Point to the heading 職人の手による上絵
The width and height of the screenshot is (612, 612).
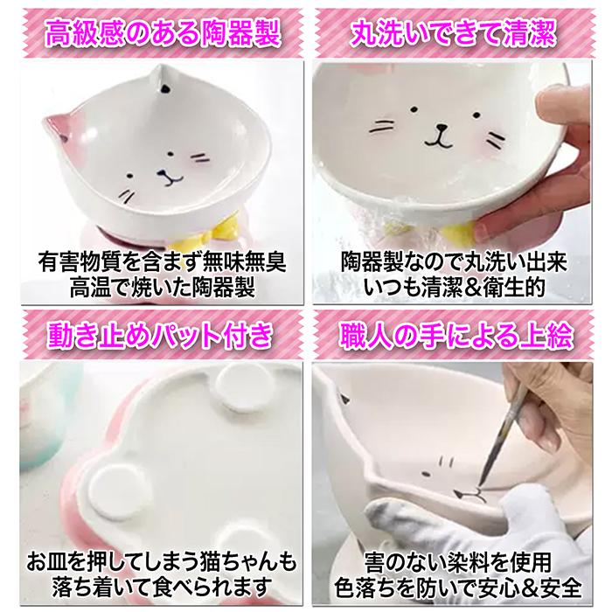click(x=460, y=334)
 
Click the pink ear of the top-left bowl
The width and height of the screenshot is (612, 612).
click(x=59, y=132)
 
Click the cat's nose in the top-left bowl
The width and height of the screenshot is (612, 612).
click(x=169, y=172)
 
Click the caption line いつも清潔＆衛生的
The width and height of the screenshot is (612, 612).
click(x=458, y=285)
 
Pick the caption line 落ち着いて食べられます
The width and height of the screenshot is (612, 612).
click(x=152, y=583)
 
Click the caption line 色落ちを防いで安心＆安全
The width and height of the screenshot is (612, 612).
click(x=460, y=583)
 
